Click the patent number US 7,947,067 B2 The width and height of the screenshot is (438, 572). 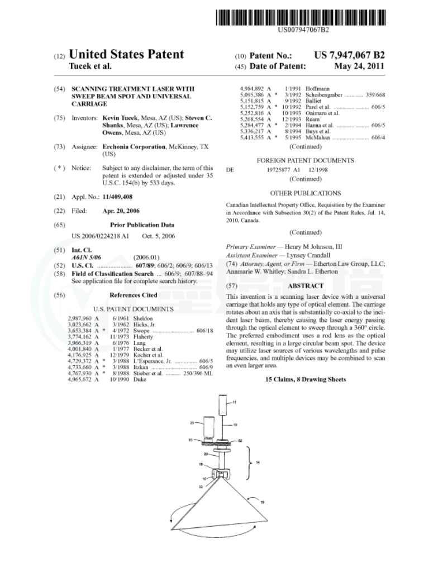point(350,55)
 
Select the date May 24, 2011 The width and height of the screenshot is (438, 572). point(359,66)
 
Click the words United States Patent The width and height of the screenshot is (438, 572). point(126,55)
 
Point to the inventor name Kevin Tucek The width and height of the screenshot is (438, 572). point(120,118)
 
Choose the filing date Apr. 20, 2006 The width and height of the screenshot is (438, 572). point(121,211)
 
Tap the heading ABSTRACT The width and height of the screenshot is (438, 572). point(305,285)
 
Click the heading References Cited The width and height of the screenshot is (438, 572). point(133,295)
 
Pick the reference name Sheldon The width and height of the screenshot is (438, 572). point(142,318)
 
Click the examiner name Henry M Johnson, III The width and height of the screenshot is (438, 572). point(313,246)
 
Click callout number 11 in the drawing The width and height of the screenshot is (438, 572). point(234,402)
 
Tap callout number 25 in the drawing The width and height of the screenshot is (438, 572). point(192,423)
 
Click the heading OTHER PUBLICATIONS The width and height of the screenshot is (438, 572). point(305,193)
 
